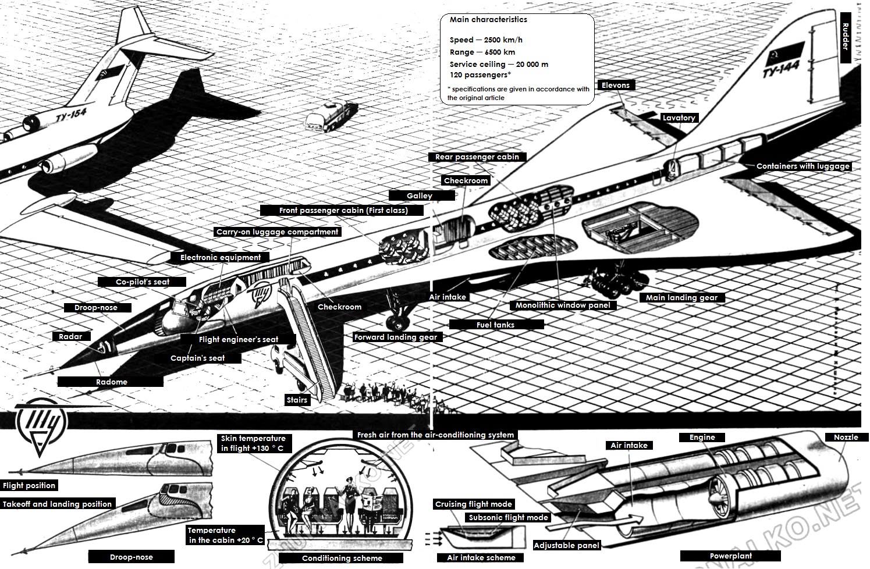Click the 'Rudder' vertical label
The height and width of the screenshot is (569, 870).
pyautogui.click(x=846, y=37)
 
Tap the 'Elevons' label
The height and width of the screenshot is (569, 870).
pyautogui.click(x=616, y=85)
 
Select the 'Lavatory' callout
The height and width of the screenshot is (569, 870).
pyautogui.click(x=679, y=118)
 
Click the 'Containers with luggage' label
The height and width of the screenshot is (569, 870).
pyautogui.click(x=802, y=166)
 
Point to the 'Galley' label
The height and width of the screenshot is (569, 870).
pyautogui.click(x=419, y=196)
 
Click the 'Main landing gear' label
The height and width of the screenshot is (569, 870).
pyautogui.click(x=681, y=297)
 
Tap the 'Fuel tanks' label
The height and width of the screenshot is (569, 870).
pyautogui.click(x=495, y=325)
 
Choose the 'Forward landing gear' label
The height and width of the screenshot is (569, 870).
pyautogui.click(x=395, y=337)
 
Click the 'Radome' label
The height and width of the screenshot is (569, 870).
pyautogui.click(x=111, y=382)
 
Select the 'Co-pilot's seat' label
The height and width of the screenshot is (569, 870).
pyautogui.click(x=143, y=282)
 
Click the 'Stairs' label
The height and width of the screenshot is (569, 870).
pyautogui.click(x=297, y=400)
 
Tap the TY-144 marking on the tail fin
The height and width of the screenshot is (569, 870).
pyautogui.click(x=781, y=69)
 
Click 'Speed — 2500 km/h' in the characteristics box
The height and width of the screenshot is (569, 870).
pyautogui.click(x=486, y=40)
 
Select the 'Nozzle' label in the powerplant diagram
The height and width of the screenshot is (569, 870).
pyautogui.click(x=846, y=437)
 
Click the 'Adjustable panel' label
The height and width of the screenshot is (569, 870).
pyautogui.click(x=566, y=546)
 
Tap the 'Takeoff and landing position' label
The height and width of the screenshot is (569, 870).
pyautogui.click(x=57, y=504)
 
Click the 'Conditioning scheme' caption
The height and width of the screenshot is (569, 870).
pyautogui.click(x=342, y=558)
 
